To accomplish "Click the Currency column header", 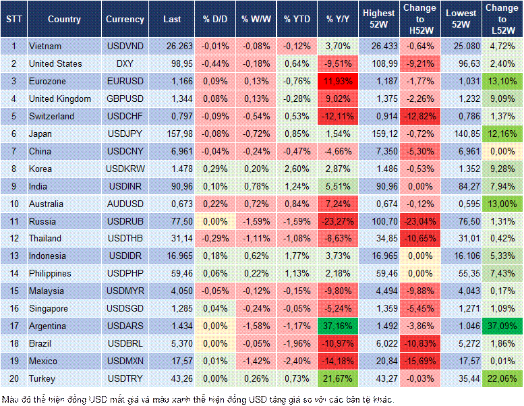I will pyautogui.click(x=125, y=20).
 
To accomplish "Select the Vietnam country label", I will pyautogui.click(x=45, y=46).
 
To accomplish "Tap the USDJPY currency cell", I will pyautogui.click(x=125, y=134).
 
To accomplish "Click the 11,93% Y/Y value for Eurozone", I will pyautogui.click(x=339, y=81).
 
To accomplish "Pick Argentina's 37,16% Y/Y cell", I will pyautogui.click(x=339, y=326).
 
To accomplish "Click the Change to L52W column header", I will pyautogui.click(x=502, y=20).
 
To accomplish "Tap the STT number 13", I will pyautogui.click(x=13, y=256).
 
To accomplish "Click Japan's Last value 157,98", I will pyautogui.click(x=172, y=134).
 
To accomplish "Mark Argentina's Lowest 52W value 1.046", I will pyautogui.click(x=462, y=326).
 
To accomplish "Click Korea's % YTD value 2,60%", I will pyautogui.click(x=297, y=169).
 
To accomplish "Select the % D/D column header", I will pyautogui.click(x=215, y=20).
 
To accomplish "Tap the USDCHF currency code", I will pyautogui.click(x=125, y=116).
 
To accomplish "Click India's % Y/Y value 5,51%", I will pyautogui.click(x=339, y=186).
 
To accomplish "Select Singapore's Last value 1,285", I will pyautogui.click(x=172, y=309).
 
